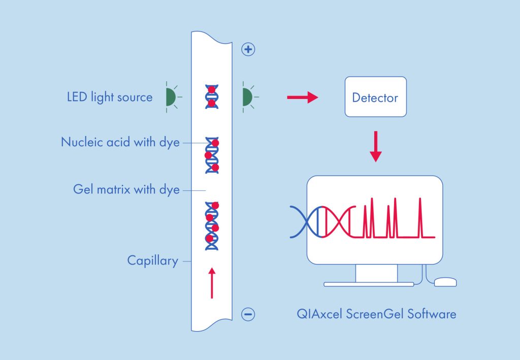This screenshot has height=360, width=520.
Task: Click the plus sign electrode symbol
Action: click(248, 50)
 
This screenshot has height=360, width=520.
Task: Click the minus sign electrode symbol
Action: click(248, 315)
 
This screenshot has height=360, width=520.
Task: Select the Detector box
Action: click(375, 97)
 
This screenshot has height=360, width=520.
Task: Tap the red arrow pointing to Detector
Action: click(302, 97)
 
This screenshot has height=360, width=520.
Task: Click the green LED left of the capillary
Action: click(171, 96)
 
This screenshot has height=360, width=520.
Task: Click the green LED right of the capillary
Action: click(247, 96)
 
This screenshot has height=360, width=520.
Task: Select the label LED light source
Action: click(109, 97)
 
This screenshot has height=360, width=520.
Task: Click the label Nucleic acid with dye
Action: click(120, 143)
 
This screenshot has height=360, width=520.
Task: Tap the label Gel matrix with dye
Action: click(126, 190)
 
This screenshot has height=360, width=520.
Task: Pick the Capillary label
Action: click(152, 261)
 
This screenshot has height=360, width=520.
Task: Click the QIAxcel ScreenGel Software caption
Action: click(376, 314)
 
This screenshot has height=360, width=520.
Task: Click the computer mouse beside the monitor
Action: click(445, 282)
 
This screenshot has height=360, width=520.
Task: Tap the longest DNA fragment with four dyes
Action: click(212, 225)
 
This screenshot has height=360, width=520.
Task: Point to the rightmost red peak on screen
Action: click(420, 218)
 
